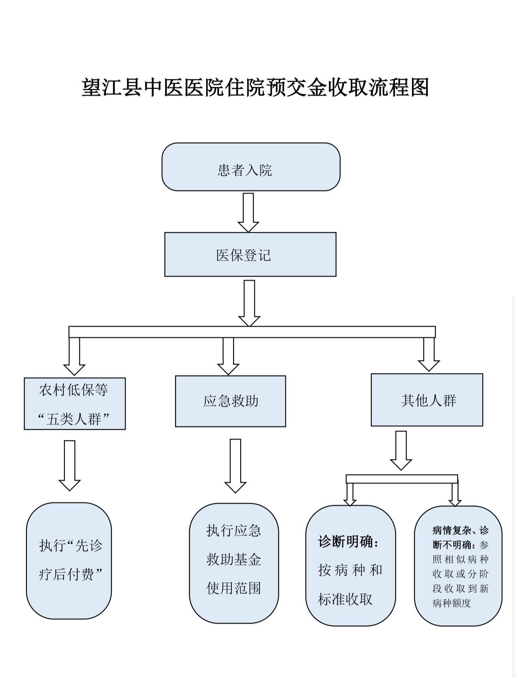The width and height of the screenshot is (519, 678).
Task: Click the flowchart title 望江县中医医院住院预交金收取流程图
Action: coord(255,87)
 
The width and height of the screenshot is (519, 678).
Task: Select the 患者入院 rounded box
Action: coord(251,167)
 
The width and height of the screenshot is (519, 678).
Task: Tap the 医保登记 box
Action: coord(250,254)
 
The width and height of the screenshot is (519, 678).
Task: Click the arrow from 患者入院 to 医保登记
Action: coord(248,213)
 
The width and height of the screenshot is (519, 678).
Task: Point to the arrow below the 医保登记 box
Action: coord(249,303)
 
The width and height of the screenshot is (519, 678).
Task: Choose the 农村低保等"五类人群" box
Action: coord(75,403)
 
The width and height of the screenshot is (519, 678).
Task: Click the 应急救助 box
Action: coord(230,401)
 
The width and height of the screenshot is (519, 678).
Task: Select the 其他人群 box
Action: coord(427,400)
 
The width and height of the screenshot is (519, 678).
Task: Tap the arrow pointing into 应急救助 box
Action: coord(228,356)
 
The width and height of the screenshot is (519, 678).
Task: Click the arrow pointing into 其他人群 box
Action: coord(429,354)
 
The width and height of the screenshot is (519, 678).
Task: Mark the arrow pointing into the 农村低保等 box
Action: coord(74,356)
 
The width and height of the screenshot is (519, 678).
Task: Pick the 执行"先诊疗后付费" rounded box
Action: coord(69,561)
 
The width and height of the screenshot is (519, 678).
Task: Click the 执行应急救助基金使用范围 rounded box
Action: coord(234,563)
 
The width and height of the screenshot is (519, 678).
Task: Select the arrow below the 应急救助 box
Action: coord(235,466)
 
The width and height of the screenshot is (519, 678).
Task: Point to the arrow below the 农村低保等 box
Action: coord(70,466)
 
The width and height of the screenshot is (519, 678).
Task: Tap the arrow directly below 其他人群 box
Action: coord(401,450)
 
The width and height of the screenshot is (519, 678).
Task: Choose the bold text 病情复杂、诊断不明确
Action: coord(461,537)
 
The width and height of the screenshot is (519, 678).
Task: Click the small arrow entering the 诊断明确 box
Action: coord(350,495)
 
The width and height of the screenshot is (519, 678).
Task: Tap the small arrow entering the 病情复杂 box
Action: coord(455,495)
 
